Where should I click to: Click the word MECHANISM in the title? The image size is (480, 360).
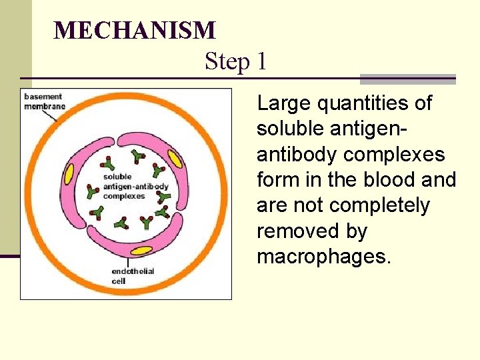coord(135,31)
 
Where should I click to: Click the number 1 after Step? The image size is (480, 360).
coord(261,62)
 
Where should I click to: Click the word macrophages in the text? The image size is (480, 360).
coord(323,257)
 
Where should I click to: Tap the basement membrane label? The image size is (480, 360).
coord(43,102)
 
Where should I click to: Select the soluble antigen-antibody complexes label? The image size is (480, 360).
coord(135,187)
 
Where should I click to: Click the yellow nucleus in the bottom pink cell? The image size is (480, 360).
coord(141,251)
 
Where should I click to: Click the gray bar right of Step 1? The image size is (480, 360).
coord(407,79)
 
